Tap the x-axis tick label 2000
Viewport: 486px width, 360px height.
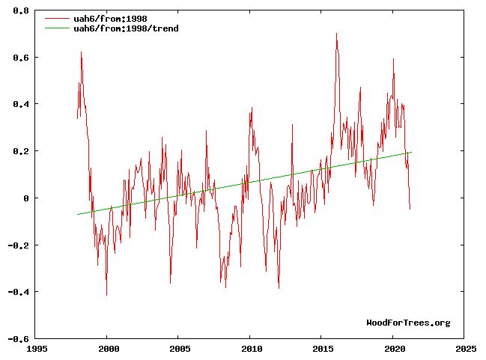[x=107, y=349]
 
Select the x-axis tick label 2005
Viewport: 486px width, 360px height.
[x=179, y=349]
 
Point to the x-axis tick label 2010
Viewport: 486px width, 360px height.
[x=250, y=349]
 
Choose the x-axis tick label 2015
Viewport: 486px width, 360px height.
[x=322, y=349]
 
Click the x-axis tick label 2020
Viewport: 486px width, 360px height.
[x=394, y=349]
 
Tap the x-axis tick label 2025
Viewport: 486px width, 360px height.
[x=465, y=349]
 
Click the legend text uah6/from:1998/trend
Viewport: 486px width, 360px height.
[x=127, y=28]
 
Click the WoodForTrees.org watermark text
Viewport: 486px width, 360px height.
[x=408, y=323]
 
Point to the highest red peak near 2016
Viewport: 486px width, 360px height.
[x=336, y=34]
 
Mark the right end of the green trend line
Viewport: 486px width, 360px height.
[x=411, y=152]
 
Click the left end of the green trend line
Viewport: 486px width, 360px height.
[x=77, y=215]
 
